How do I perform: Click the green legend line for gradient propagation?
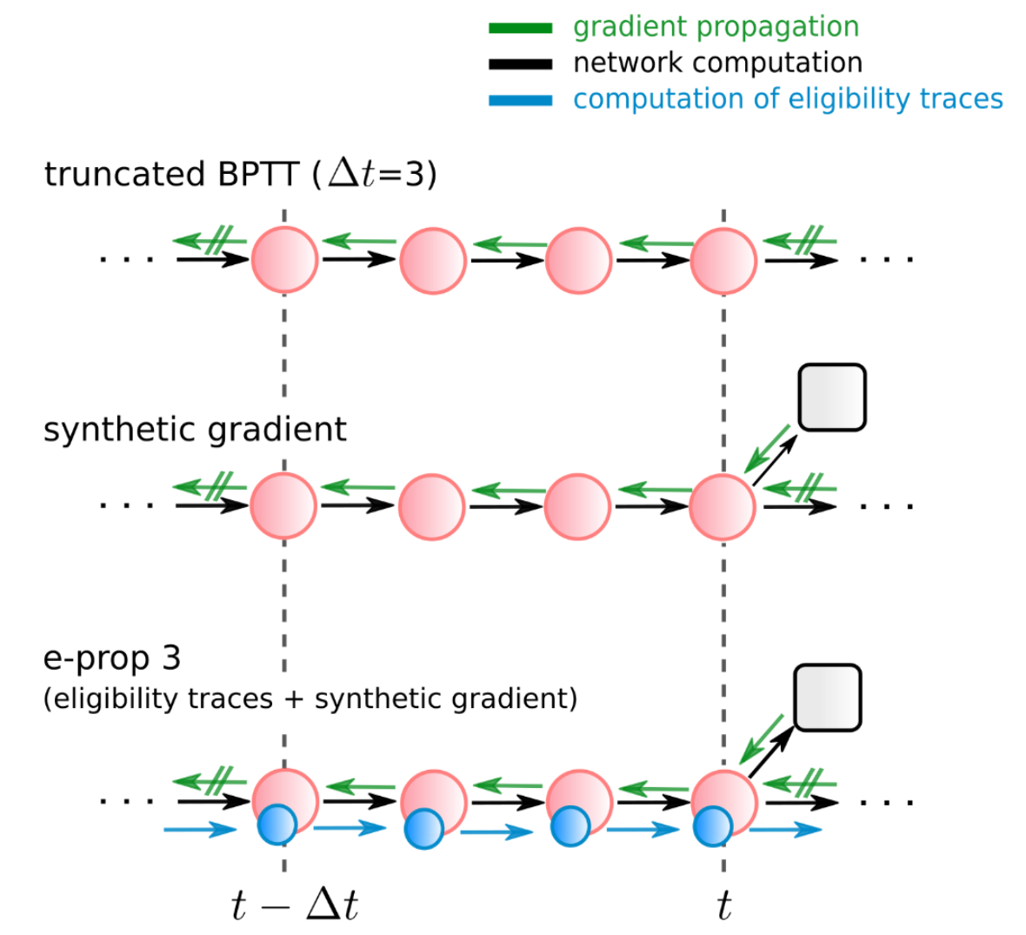520,28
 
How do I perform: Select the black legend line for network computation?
520,63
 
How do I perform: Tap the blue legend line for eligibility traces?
520,100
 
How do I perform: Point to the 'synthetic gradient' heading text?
195,430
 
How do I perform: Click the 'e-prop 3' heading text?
111,658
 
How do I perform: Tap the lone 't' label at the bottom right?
723,906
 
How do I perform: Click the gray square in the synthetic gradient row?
831,397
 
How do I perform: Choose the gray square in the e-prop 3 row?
827,698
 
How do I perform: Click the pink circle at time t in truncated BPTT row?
723,260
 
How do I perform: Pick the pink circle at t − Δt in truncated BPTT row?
284,260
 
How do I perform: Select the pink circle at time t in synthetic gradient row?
722,506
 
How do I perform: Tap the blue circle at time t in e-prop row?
713,826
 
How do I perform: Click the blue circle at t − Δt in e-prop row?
278,826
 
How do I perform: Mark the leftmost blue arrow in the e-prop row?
200,830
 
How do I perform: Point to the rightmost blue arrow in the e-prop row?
784,830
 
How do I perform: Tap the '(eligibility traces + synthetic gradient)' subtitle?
310,698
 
